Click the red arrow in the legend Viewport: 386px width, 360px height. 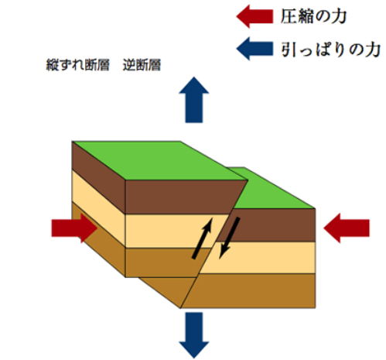click(254, 16)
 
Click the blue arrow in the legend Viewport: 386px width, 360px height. click(254, 49)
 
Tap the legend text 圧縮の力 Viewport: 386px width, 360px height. click(313, 16)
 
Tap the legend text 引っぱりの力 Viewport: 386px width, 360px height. click(331, 50)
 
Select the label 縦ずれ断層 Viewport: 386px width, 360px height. click(78, 65)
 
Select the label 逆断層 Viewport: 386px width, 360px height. click(142, 65)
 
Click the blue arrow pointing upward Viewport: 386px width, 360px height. click(194, 100)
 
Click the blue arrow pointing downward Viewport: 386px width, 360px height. click(194, 335)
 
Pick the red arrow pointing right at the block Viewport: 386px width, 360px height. click(74, 228)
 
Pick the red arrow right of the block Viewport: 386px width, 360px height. click(347, 228)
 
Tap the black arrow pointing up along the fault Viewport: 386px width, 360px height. click(203, 238)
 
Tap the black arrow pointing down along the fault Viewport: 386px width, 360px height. click(230, 238)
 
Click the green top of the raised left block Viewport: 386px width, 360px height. click(160, 160)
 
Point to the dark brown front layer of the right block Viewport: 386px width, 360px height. click(269, 225)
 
